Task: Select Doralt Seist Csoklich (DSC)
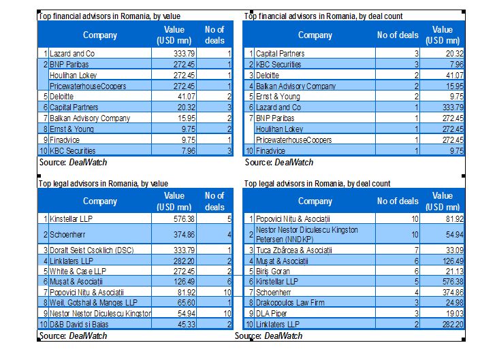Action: [91, 250]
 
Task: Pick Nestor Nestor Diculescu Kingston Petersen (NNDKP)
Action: [306, 234]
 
